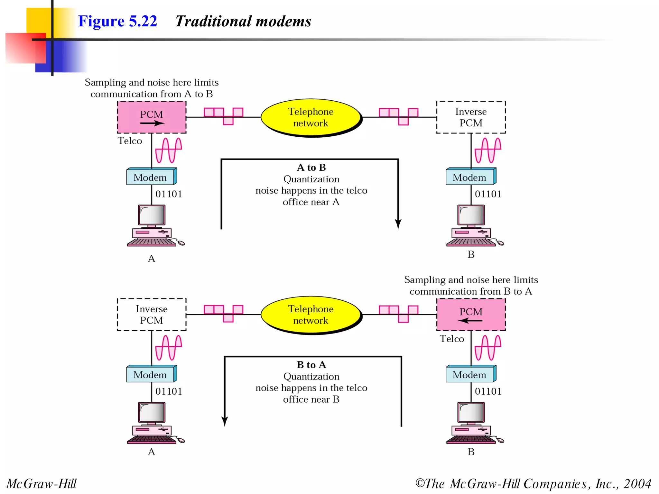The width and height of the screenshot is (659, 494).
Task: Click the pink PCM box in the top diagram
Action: click(x=152, y=117)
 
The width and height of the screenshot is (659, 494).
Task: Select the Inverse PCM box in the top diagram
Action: click(x=471, y=117)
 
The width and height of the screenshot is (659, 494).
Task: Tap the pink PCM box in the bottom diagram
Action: click(x=471, y=314)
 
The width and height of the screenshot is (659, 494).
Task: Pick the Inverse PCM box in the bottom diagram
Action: click(x=152, y=314)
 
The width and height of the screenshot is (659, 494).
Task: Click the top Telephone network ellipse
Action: click(x=311, y=117)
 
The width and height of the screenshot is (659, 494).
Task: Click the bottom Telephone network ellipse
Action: click(x=311, y=315)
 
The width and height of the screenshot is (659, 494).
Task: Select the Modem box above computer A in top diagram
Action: click(x=151, y=177)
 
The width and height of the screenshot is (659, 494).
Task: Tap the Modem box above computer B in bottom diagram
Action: click(x=470, y=375)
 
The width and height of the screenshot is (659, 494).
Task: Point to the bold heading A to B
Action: click(x=311, y=167)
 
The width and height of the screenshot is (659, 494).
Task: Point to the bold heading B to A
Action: click(x=311, y=365)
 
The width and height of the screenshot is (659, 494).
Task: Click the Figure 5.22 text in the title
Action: click(x=117, y=21)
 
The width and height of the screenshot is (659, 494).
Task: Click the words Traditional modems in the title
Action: click(x=243, y=21)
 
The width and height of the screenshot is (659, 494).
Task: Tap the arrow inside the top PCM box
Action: click(x=152, y=123)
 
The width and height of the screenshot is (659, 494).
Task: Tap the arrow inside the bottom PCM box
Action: click(x=470, y=321)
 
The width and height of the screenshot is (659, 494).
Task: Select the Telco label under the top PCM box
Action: click(x=130, y=141)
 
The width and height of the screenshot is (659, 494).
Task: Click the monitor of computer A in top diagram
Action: click(x=152, y=215)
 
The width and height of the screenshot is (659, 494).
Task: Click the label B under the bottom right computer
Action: click(x=471, y=452)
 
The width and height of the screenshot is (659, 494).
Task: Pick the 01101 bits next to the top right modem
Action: click(x=488, y=194)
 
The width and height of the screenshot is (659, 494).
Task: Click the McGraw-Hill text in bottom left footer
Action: click(x=42, y=484)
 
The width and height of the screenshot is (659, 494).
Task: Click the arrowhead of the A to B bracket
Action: click(x=398, y=224)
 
